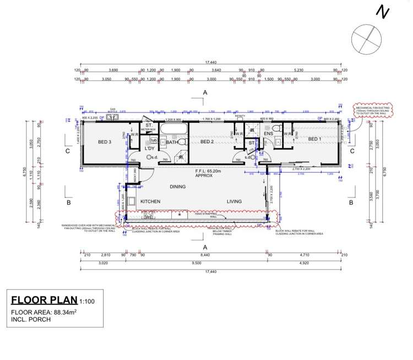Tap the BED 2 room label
point(206,142)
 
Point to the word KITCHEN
point(150,202)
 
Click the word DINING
point(177,186)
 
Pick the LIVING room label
point(234,202)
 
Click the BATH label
point(172,142)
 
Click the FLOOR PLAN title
point(44,300)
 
